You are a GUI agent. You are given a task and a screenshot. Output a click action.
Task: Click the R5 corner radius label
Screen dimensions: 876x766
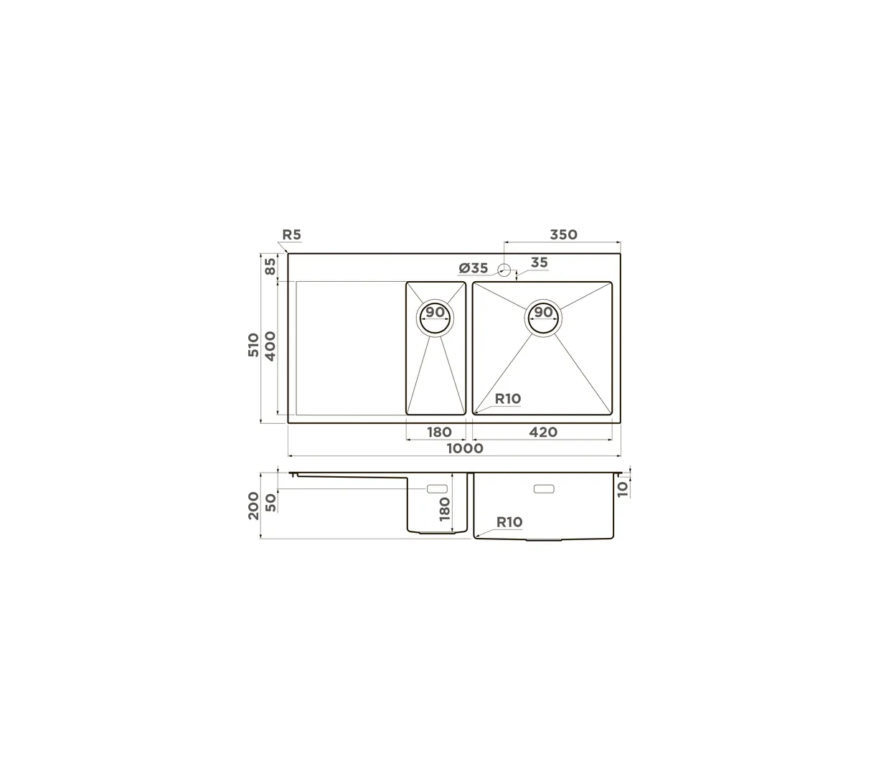(291, 235)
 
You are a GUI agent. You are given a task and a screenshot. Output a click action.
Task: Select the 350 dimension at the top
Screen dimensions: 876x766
(563, 235)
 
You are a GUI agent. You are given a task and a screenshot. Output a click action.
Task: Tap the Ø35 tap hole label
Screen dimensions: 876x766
(473, 268)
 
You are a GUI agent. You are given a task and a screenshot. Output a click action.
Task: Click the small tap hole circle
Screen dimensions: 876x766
(504, 270)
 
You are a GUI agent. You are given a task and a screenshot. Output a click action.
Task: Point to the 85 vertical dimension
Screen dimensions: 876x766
(270, 266)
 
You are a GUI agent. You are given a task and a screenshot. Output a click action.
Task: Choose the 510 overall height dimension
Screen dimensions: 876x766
(253, 344)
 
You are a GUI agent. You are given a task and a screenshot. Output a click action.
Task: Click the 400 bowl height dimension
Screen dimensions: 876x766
(270, 346)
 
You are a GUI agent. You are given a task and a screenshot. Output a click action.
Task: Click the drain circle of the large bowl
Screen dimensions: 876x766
(543, 318)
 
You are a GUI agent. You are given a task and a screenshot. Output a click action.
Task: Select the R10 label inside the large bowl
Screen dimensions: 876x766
(508, 399)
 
